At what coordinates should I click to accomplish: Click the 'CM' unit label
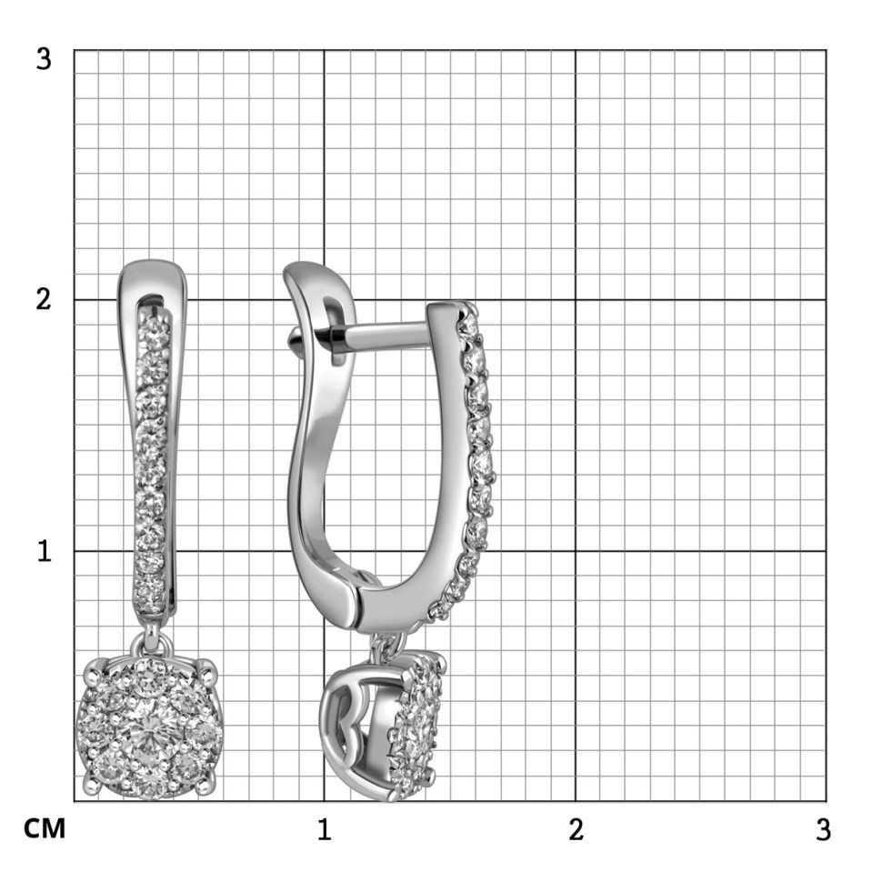pyautogui.click(x=45, y=829)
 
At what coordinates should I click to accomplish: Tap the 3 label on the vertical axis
pyautogui.click(x=44, y=58)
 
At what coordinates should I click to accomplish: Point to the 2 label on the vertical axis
pyautogui.click(x=44, y=299)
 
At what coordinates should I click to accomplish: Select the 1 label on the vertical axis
pyautogui.click(x=44, y=551)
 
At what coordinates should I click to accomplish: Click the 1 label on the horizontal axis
pyautogui.click(x=324, y=829)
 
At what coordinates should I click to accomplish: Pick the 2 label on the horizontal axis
pyautogui.click(x=576, y=829)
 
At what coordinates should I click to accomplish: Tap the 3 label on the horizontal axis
pyautogui.click(x=823, y=829)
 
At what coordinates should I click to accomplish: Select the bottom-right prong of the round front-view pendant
pyautogui.click(x=207, y=785)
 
